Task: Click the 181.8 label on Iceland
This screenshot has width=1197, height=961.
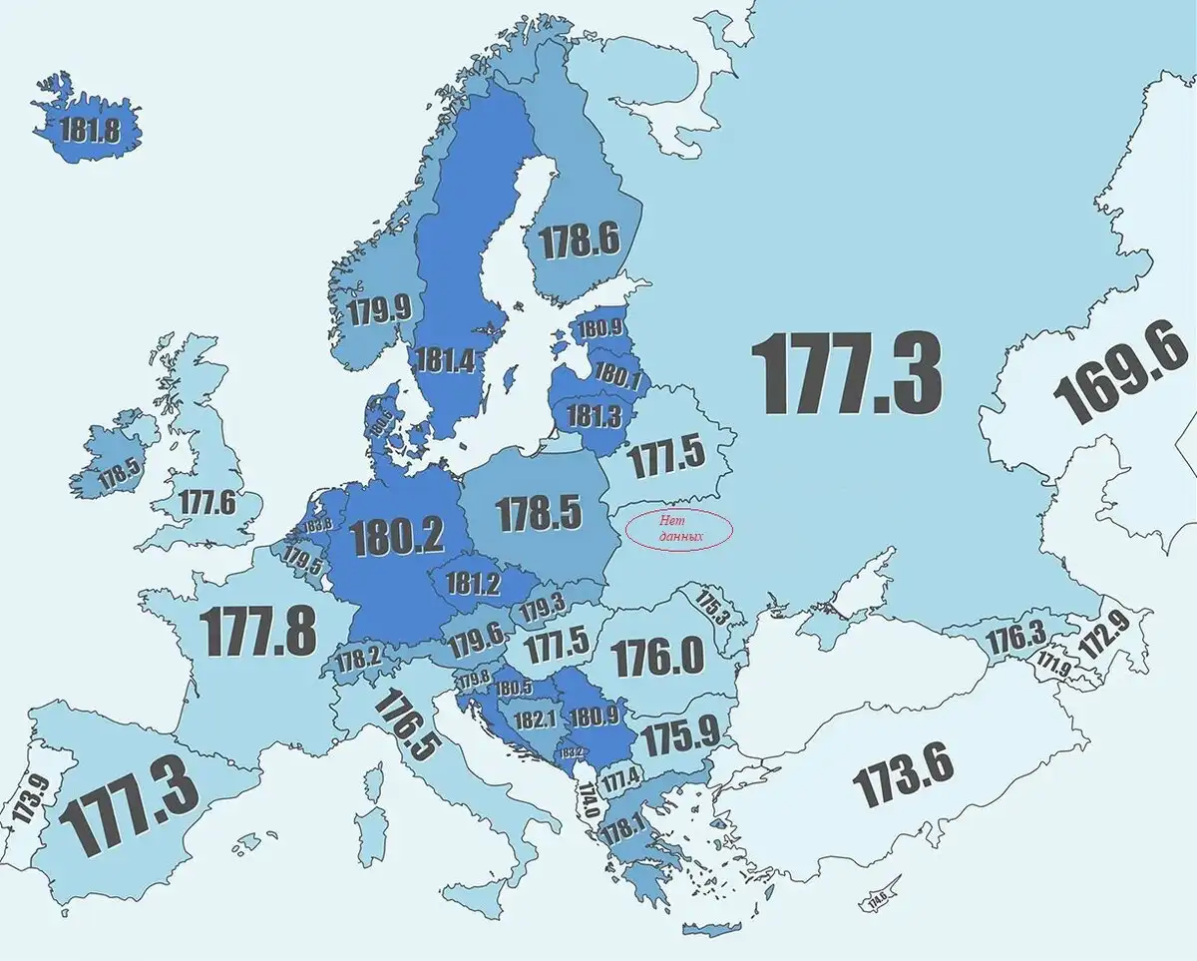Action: (89, 130)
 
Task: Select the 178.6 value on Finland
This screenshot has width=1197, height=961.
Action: (579, 240)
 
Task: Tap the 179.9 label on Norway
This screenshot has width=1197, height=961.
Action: (379, 308)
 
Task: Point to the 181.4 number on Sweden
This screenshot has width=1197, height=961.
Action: (446, 361)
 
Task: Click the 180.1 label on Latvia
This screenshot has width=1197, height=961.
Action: (617, 376)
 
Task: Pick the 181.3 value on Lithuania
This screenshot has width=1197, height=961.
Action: (595, 415)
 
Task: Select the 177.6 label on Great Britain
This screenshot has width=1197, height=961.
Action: (207, 502)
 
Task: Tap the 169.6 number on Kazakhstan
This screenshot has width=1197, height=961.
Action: (1120, 384)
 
